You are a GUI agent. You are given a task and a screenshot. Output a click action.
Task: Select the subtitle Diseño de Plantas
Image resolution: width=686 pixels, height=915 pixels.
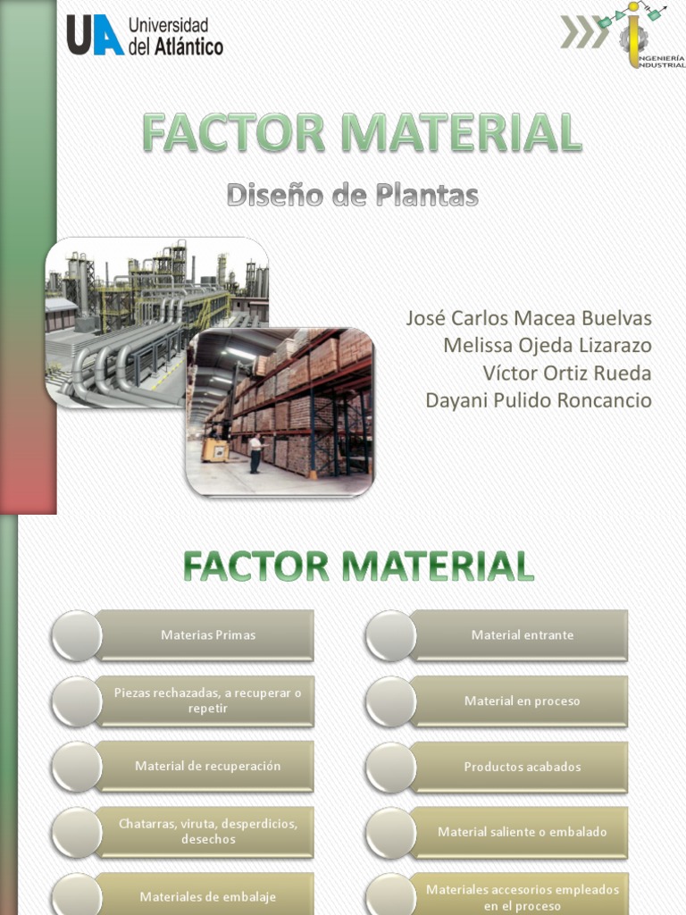[352, 195]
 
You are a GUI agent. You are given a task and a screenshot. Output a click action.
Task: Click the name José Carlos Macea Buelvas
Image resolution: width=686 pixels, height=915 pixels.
[529, 319]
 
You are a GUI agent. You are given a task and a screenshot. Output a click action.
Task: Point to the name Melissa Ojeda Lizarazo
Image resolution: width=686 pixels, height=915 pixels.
[547, 346]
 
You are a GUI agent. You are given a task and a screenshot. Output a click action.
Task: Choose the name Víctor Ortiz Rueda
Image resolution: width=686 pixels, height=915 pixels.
[566, 373]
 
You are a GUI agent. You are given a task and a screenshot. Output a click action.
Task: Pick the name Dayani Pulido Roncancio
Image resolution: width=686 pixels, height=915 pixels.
[538, 399]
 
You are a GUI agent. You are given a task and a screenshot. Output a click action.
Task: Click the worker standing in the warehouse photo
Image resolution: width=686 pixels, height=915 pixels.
[255, 453]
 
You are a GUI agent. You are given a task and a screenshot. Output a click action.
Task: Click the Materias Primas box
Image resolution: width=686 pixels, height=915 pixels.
[207, 635]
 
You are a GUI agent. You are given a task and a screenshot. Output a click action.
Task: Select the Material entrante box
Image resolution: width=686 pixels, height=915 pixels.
[522, 635]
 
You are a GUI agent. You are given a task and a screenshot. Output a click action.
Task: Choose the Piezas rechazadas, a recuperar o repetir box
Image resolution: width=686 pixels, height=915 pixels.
[207, 701]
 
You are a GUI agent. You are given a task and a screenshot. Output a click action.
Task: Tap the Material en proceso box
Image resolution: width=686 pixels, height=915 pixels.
[522, 701]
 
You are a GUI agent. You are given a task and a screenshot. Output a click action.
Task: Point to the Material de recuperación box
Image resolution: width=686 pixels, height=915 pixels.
[207, 766]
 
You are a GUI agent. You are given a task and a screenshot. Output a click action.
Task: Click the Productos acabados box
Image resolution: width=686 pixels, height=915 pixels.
[522, 767]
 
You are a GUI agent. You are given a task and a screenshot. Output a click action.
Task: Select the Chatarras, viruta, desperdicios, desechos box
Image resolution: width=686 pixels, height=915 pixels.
[207, 832]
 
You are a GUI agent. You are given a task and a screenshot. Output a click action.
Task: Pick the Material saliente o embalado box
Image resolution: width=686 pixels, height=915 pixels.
[522, 832]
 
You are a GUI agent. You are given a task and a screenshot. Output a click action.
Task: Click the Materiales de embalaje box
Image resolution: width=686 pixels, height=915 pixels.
[207, 896]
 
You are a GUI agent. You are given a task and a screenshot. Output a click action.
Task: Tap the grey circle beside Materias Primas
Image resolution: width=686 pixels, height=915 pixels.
[76, 635]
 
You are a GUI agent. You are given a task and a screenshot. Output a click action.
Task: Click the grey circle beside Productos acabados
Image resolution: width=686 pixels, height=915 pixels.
[390, 767]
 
